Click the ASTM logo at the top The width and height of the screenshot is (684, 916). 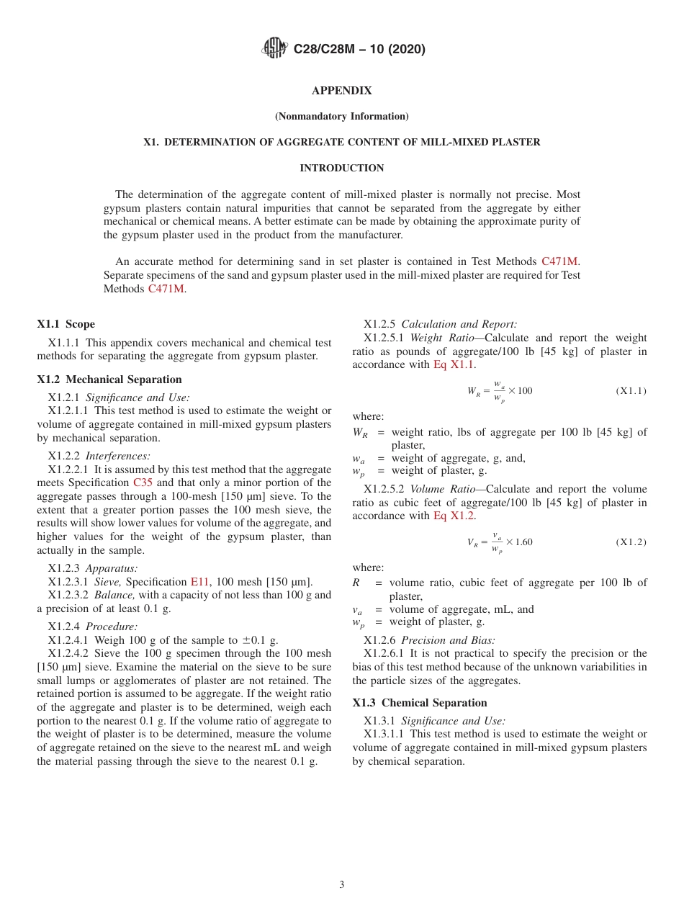tap(274, 49)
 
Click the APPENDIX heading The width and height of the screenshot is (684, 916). tap(341, 91)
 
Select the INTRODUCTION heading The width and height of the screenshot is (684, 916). tap(341, 168)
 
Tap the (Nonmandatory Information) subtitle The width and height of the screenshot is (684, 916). tap(341, 116)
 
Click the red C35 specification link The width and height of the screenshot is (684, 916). tap(143, 482)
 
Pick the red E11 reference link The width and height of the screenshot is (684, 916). tap(199, 582)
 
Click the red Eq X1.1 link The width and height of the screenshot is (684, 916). tap(454, 364)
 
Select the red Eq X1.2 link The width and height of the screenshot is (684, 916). tap(454, 516)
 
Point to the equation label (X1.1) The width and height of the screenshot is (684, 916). tap(631, 390)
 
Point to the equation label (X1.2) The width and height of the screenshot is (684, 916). tap(631, 542)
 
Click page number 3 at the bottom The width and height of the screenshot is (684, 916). tap(342, 884)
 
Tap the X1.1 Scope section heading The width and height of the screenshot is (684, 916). tap(66, 324)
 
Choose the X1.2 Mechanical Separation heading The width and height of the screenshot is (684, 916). tap(109, 380)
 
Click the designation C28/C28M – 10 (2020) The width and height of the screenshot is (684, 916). tap(359, 49)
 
